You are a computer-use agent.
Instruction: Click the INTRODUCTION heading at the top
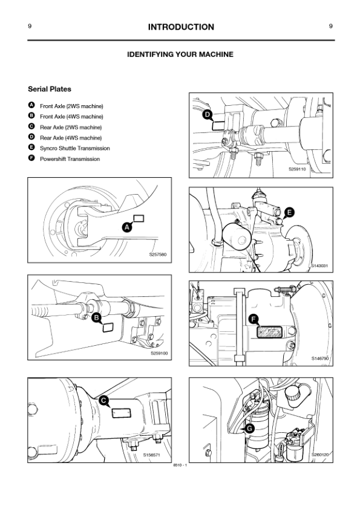click(x=180, y=27)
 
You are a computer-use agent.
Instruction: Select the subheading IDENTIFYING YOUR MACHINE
click(x=180, y=54)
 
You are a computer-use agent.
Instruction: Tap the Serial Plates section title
click(x=50, y=89)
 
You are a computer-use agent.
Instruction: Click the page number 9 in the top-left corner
click(x=30, y=27)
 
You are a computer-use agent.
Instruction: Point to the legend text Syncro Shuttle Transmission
click(x=74, y=148)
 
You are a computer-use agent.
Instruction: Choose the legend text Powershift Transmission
click(x=70, y=159)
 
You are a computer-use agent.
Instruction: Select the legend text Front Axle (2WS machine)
click(x=71, y=106)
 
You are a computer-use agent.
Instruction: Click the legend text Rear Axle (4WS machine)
click(x=71, y=138)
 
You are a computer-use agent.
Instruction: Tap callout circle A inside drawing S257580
click(x=127, y=227)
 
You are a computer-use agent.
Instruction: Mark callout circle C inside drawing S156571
click(x=103, y=400)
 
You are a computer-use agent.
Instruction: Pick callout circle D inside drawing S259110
click(x=207, y=114)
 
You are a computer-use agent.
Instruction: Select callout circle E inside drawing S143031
click(x=289, y=212)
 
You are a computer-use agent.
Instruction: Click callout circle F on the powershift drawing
click(x=254, y=319)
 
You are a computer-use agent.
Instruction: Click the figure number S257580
click(x=158, y=254)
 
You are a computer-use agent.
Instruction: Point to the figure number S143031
click(x=319, y=265)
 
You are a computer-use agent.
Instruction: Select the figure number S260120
click(x=319, y=454)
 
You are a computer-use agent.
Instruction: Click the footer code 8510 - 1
click(x=180, y=465)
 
